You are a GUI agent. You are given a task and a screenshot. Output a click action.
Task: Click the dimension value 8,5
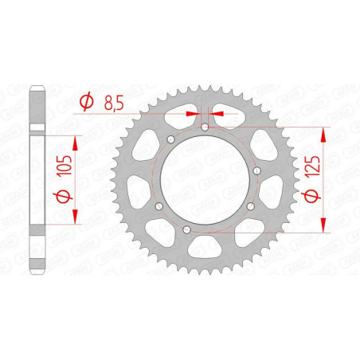(114, 103)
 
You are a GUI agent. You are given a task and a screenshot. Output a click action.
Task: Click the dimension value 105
(65, 165)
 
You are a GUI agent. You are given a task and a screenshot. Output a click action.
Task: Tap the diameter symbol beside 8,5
(87, 101)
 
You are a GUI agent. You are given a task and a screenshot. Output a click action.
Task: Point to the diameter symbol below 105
(63, 197)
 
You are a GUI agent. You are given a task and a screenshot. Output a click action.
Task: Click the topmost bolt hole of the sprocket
(205, 127)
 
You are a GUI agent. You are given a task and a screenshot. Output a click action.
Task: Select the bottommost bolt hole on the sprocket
(187, 229)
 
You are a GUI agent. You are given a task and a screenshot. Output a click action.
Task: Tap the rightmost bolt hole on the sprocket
(257, 170)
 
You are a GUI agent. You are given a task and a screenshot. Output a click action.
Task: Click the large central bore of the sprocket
(205, 180)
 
